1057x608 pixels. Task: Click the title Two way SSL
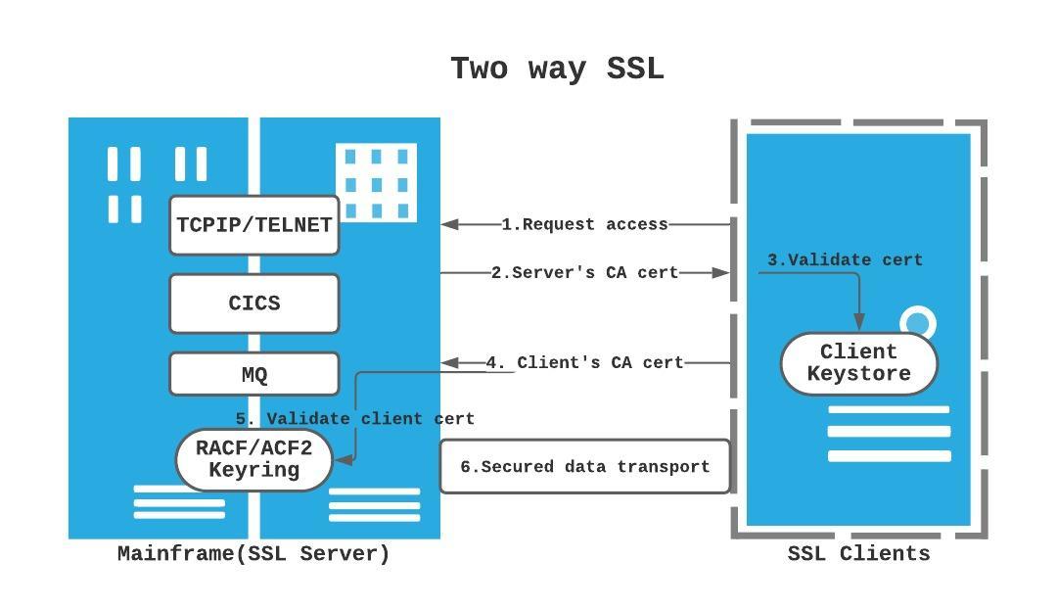(557, 70)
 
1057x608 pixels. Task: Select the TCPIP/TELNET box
(254, 225)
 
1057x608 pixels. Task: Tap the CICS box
(254, 304)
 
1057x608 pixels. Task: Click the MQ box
(254, 374)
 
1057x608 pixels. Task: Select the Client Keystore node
(858, 363)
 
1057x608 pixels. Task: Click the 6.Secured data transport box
(584, 467)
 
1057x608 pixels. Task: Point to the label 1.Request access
(584, 224)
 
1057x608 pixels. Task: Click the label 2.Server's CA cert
(584, 273)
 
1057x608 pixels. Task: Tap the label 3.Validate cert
(844, 259)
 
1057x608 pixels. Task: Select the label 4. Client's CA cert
(584, 362)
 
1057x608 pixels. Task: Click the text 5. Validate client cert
(354, 418)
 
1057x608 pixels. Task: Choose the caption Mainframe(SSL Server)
(253, 554)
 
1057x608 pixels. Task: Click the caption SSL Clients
(858, 554)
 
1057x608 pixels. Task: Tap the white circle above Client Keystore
(918, 323)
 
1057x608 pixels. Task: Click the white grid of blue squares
(376, 183)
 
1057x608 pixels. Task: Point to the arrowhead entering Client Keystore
(860, 323)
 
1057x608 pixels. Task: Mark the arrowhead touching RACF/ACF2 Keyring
(342, 458)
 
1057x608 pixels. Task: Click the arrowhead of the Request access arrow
(450, 224)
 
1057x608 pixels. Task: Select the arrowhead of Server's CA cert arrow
(722, 273)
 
